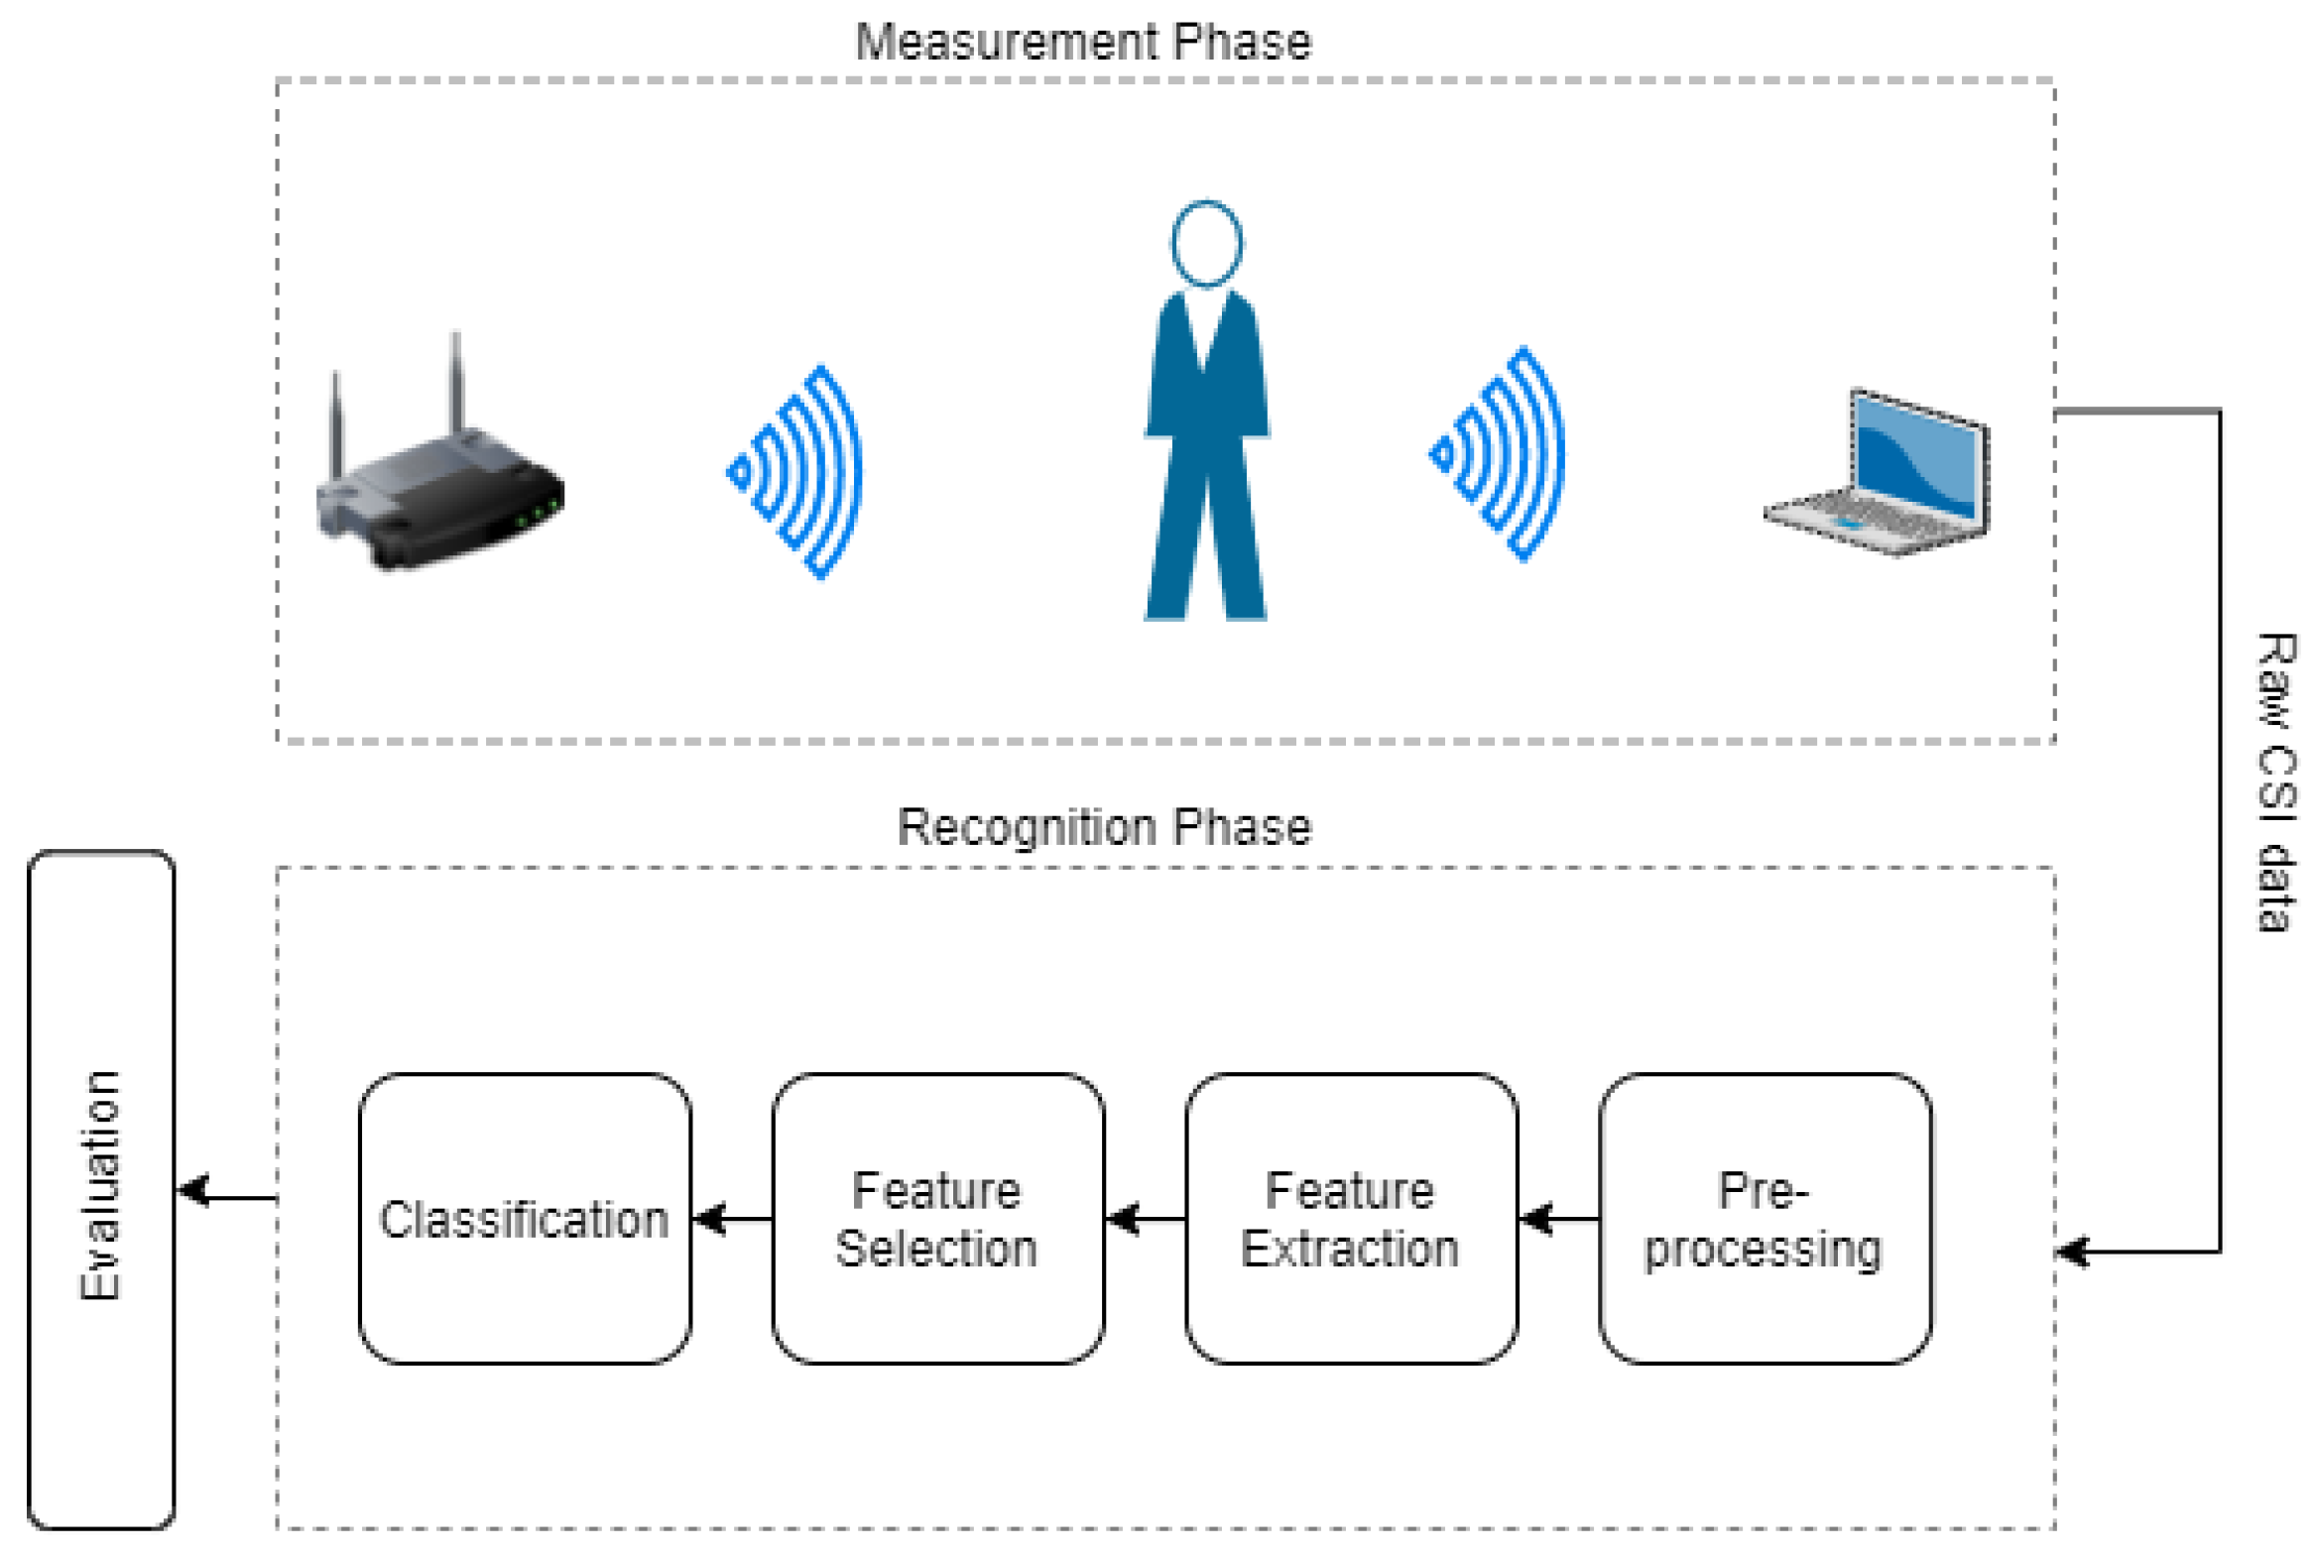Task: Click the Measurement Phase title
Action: click(1082, 42)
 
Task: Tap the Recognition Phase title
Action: click(1103, 827)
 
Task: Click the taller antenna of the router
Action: click(456, 382)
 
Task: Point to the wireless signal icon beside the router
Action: click(799, 472)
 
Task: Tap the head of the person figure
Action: click(1206, 243)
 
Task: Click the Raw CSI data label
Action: click(2274, 781)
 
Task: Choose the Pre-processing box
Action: click(1764, 1219)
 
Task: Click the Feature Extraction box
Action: click(1351, 1219)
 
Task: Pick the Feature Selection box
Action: click(936, 1219)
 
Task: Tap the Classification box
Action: click(524, 1219)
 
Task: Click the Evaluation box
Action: click(100, 1189)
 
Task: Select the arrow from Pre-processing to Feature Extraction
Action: click(1558, 1219)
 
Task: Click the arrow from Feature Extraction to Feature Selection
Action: click(1144, 1219)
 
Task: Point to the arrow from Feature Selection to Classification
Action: click(731, 1219)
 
